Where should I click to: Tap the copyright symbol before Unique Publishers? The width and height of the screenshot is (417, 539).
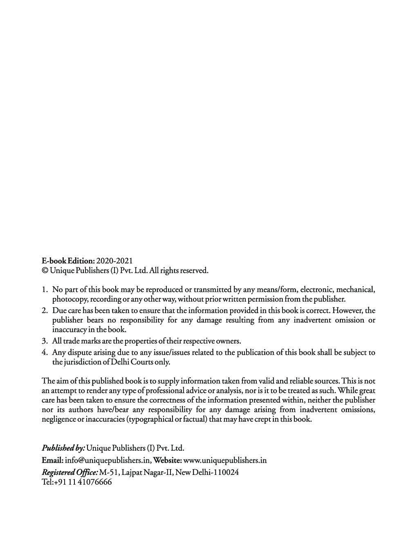45,270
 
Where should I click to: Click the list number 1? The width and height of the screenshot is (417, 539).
45,290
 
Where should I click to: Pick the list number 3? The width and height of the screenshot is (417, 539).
45,341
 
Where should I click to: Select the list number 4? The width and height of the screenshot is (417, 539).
45,352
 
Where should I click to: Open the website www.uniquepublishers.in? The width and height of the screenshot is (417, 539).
225,460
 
